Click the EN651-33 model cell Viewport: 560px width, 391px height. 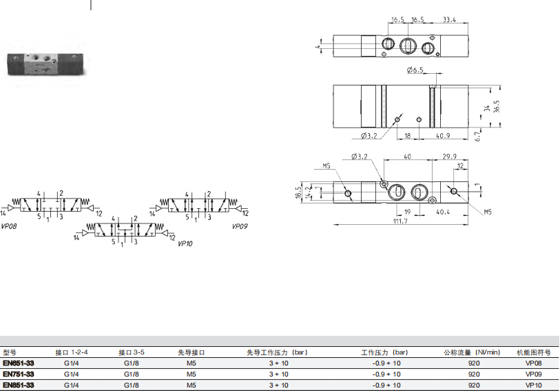point(19,363)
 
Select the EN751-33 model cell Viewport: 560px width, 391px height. point(19,374)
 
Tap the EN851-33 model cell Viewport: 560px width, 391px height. point(19,385)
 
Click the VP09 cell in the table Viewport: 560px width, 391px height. point(534,374)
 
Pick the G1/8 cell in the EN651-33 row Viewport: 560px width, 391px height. point(132,363)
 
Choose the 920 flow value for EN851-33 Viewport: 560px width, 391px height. point(474,385)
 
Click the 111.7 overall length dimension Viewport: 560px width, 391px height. point(400,221)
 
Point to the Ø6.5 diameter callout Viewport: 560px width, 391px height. point(415,70)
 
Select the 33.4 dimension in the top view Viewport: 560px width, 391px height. point(449,19)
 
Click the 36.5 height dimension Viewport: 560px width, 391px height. point(497,106)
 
